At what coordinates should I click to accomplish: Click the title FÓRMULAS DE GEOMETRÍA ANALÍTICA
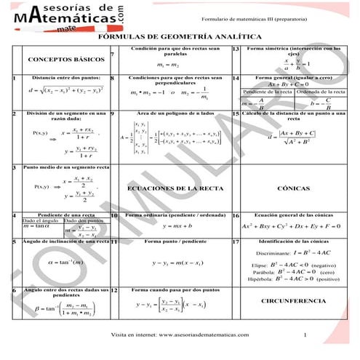[x=179, y=36]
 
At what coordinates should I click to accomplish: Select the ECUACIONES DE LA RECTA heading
[x=169, y=188]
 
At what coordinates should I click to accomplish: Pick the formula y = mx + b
[x=169, y=226]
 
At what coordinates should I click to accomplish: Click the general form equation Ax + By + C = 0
[x=292, y=84]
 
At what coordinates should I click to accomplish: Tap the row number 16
[x=236, y=216]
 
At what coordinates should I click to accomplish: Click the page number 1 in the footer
[x=307, y=335]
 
